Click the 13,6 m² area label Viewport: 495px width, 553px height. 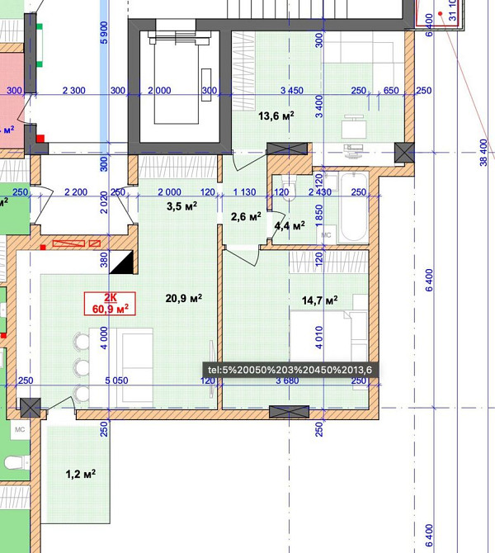[x=276, y=116]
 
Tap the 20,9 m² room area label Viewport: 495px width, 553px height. [x=185, y=298]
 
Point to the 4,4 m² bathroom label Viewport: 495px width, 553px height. [x=290, y=225]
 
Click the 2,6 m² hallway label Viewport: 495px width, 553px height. [x=245, y=217]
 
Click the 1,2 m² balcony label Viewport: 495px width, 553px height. [x=81, y=474]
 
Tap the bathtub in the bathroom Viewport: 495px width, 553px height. [x=353, y=206]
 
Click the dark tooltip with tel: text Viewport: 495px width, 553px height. [x=290, y=371]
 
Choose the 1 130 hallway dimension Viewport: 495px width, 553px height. [x=245, y=192]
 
